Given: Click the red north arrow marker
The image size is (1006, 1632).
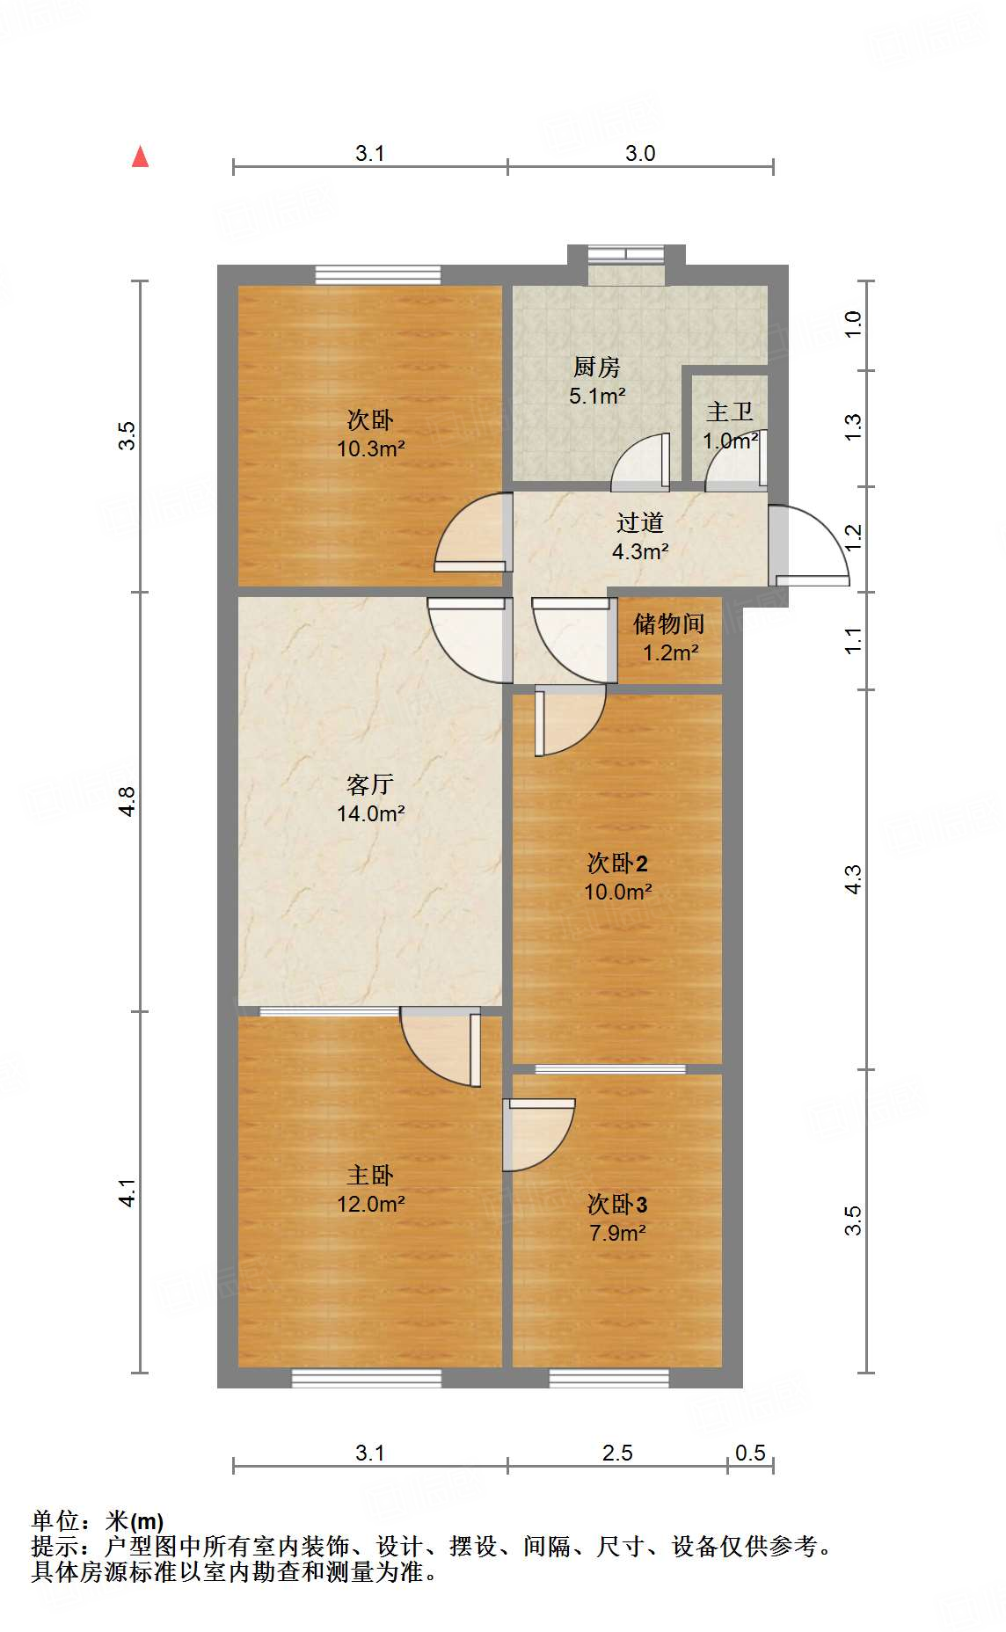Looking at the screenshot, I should click(140, 157).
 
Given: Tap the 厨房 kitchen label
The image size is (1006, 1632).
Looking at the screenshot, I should click(596, 367).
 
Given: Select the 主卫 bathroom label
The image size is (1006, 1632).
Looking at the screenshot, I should click(729, 412).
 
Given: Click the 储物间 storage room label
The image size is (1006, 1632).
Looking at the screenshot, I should click(668, 623).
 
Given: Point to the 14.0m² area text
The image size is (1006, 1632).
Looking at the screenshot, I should click(370, 813).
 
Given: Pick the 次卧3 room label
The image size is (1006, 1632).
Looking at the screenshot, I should click(617, 1204).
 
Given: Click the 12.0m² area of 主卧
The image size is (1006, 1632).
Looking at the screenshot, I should click(370, 1204).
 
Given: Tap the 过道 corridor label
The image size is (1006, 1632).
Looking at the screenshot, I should click(639, 522).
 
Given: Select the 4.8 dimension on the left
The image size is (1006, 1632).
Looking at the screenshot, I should click(128, 801).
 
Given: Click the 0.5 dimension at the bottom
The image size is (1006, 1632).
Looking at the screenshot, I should click(750, 1453).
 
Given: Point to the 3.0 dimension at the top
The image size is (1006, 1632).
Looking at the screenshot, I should click(640, 153).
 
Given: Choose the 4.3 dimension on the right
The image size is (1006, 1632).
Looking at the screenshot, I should click(853, 879).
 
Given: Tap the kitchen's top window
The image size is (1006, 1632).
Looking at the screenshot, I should click(626, 255).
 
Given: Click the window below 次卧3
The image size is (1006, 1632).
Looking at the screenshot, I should click(609, 1378).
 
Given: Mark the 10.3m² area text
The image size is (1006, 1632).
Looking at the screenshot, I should click(370, 448).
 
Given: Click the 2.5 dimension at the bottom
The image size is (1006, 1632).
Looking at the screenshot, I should click(617, 1453).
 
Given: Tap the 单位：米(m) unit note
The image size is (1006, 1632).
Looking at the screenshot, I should click(98, 1520).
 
